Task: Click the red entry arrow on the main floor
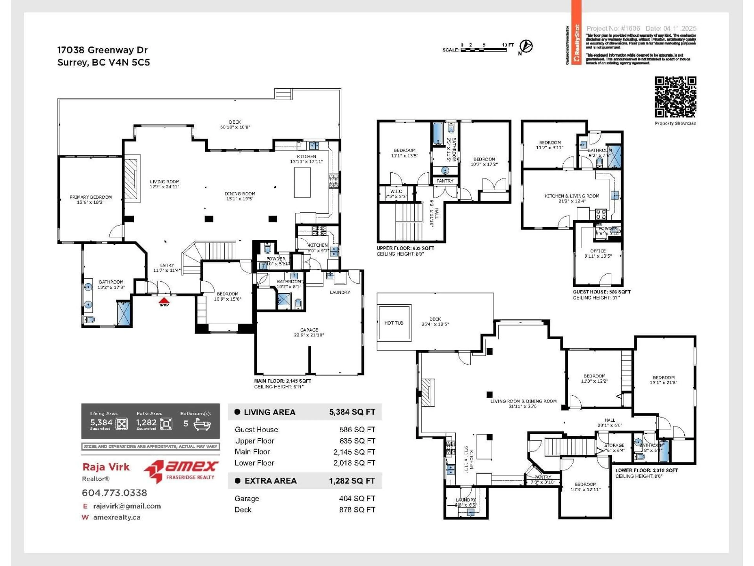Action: [164, 300]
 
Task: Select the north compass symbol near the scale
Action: [526, 46]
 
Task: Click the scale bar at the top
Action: [483, 50]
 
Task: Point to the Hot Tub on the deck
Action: [394, 323]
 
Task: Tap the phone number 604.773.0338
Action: [114, 493]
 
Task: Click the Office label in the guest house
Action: [598, 251]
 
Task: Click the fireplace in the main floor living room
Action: [131, 179]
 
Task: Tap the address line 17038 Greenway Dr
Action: [102, 50]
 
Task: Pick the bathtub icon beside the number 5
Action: [202, 424]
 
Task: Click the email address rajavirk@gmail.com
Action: [127, 506]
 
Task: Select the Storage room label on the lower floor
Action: [614, 445]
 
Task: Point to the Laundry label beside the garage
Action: [340, 292]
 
